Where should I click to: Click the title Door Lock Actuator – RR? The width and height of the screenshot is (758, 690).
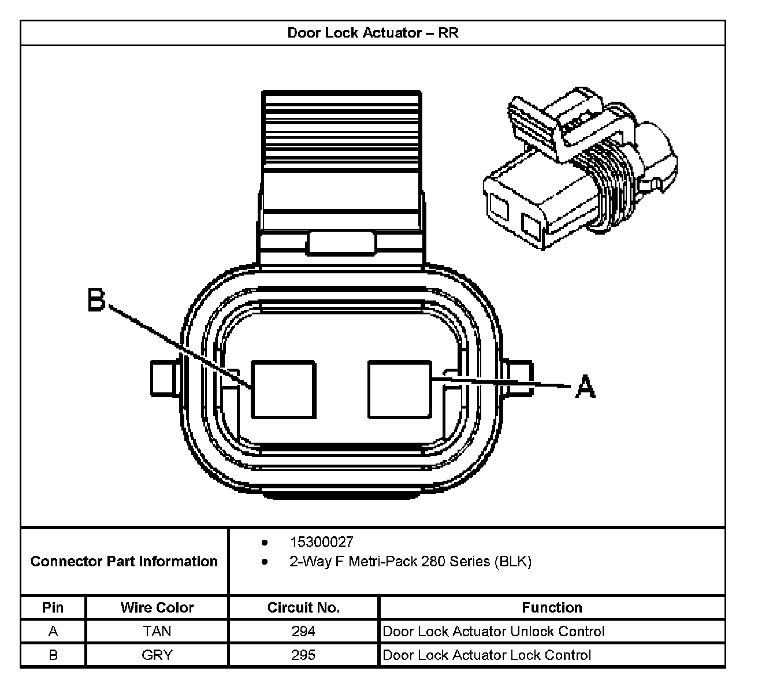373,32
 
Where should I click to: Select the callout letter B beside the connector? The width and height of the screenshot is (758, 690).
96,300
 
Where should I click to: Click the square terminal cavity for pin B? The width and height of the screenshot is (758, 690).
283,389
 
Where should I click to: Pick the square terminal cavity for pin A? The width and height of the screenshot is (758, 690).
399,389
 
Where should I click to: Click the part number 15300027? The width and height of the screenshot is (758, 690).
321,542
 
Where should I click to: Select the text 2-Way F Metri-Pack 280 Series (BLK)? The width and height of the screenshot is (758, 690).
410,561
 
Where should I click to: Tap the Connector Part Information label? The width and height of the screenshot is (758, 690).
124,561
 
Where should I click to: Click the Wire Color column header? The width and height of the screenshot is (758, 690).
157,607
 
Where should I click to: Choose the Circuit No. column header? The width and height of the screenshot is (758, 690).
303,607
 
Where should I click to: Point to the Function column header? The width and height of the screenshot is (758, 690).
552,607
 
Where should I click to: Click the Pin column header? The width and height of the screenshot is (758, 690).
53,607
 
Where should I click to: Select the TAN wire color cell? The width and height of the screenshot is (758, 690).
157,631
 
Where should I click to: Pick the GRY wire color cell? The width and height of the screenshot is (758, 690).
157,655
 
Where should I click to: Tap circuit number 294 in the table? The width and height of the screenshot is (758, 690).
303,631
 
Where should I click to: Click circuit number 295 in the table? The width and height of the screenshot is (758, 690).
303,655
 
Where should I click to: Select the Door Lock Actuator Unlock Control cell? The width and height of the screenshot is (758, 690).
493,631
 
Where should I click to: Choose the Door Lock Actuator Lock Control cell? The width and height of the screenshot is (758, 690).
486,655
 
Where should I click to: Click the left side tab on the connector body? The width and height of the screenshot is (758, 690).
165,379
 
